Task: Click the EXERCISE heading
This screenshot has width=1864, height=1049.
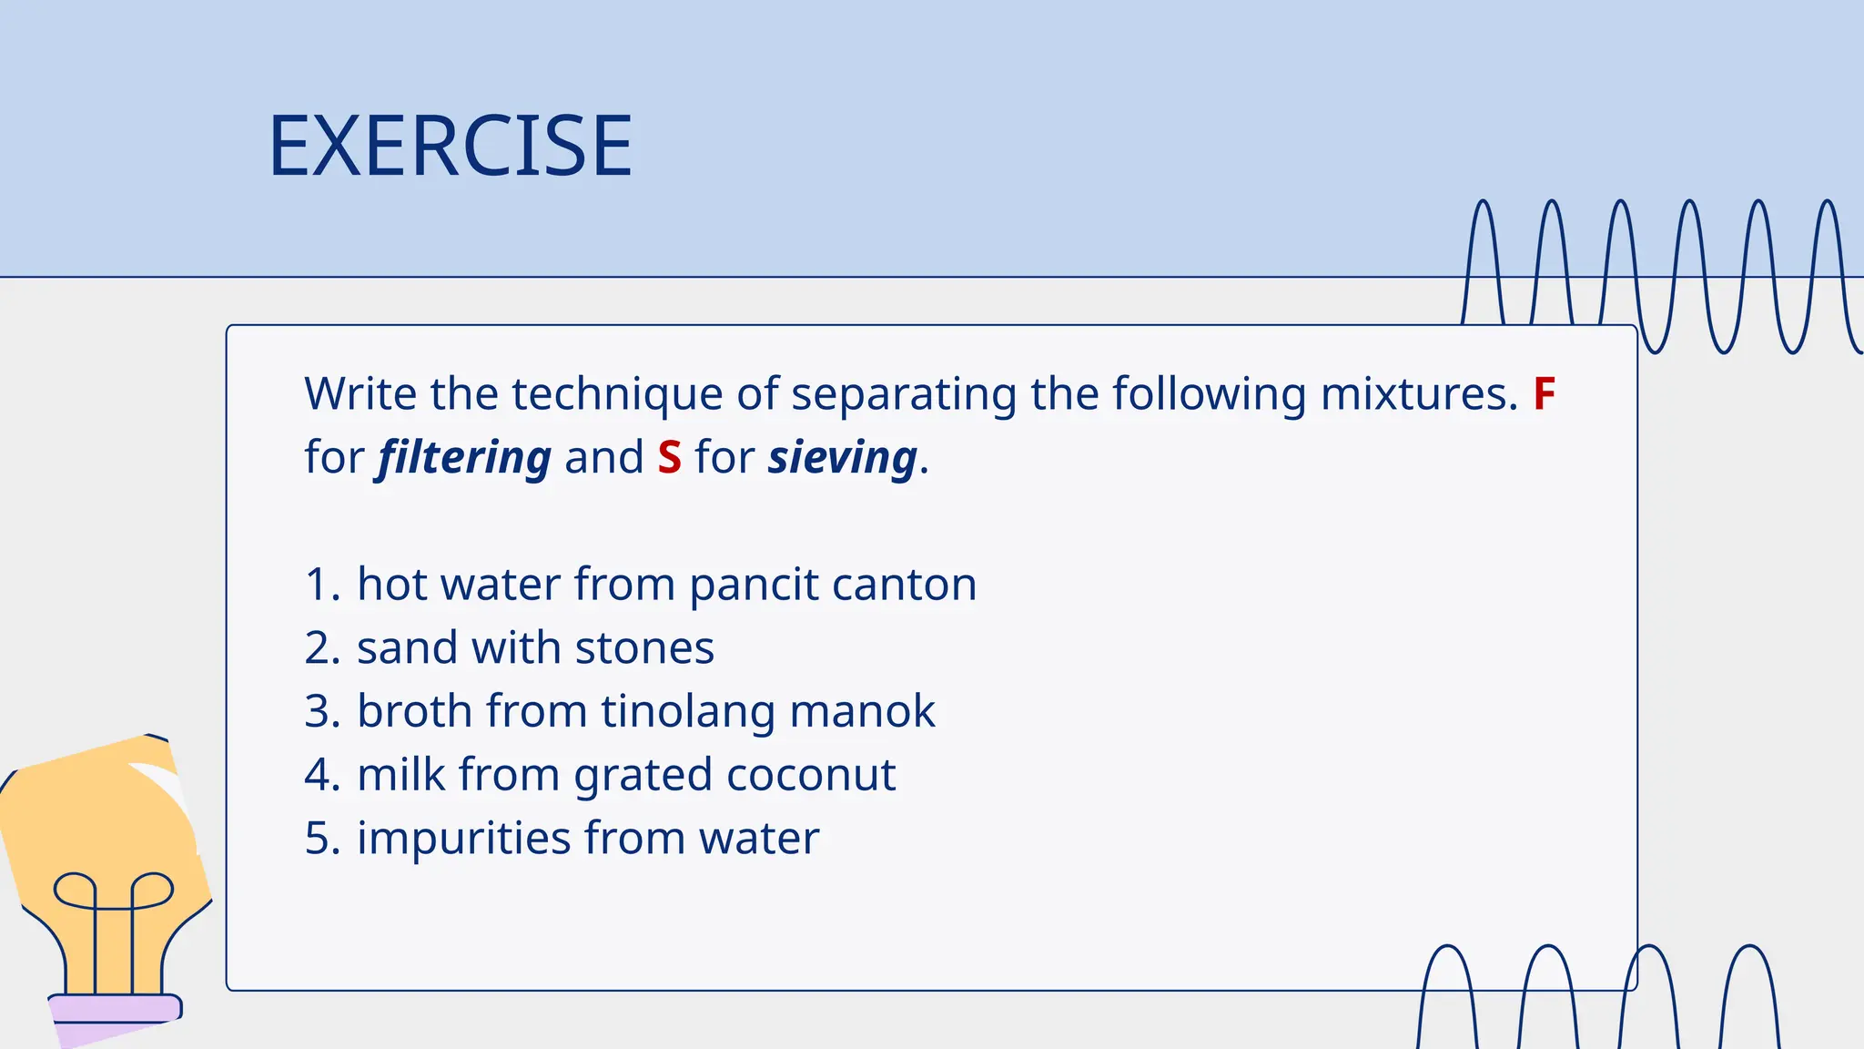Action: pyautogui.click(x=450, y=146)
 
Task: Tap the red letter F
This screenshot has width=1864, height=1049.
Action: pyautogui.click(x=1544, y=394)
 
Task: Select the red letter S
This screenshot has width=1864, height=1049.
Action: pyautogui.click(x=669, y=457)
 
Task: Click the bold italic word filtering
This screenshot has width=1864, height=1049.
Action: pyautogui.click(x=464, y=458)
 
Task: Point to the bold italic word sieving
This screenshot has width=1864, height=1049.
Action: pyautogui.click(x=842, y=458)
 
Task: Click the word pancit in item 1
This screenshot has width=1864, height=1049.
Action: pyautogui.click(x=753, y=586)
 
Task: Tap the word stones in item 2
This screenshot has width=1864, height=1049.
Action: pyautogui.click(x=644, y=648)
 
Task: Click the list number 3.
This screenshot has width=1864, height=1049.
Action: pyautogui.click(x=320, y=712)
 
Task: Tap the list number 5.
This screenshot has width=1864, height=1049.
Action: pyautogui.click(x=320, y=839)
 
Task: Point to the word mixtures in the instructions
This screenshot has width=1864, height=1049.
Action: pyautogui.click(x=1418, y=394)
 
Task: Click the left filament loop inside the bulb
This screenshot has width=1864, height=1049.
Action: pyautogui.click(x=76, y=890)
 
